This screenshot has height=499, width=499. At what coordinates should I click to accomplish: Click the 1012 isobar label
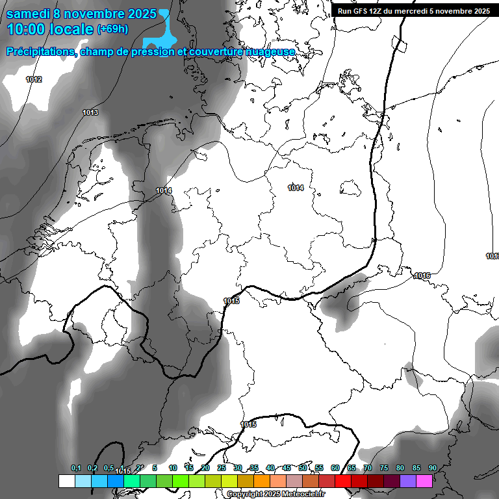34,79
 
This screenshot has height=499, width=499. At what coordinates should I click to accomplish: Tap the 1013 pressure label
90,113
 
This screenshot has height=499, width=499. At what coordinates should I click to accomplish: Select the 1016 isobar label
422,275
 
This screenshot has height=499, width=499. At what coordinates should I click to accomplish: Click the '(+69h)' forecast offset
112,29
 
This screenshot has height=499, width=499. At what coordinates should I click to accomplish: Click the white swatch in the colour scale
66,481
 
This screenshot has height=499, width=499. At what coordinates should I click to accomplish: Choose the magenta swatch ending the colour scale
424,481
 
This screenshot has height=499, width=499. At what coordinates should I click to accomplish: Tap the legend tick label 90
432,468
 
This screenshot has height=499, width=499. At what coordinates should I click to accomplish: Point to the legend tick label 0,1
76,468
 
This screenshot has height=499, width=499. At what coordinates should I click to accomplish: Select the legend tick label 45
287,468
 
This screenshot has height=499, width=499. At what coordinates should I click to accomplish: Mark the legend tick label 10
173,468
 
